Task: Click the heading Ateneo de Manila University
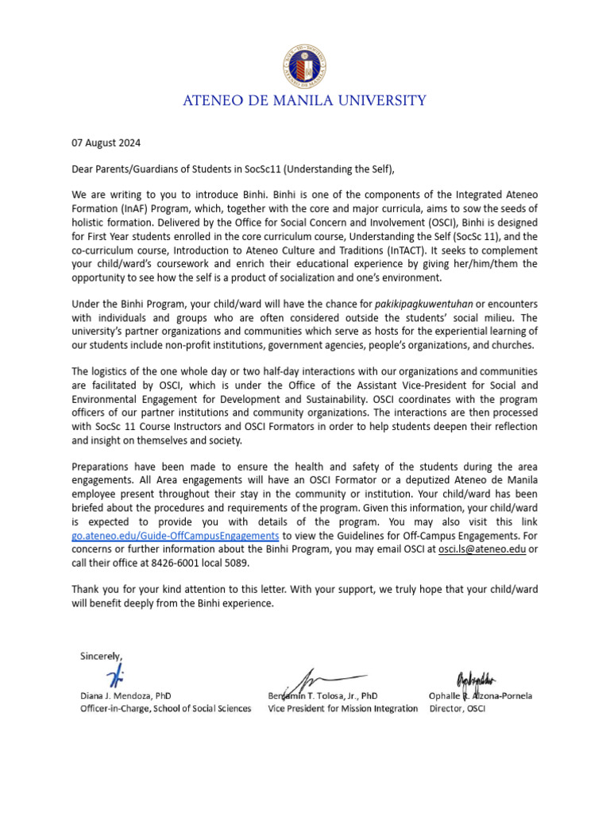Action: [305, 101]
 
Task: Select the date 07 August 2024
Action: [106, 144]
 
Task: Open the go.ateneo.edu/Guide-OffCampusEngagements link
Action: [175, 536]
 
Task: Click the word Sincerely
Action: [101, 656]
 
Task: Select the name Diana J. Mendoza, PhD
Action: [125, 696]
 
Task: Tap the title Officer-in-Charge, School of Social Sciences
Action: [165, 708]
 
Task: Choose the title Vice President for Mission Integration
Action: [342, 708]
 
